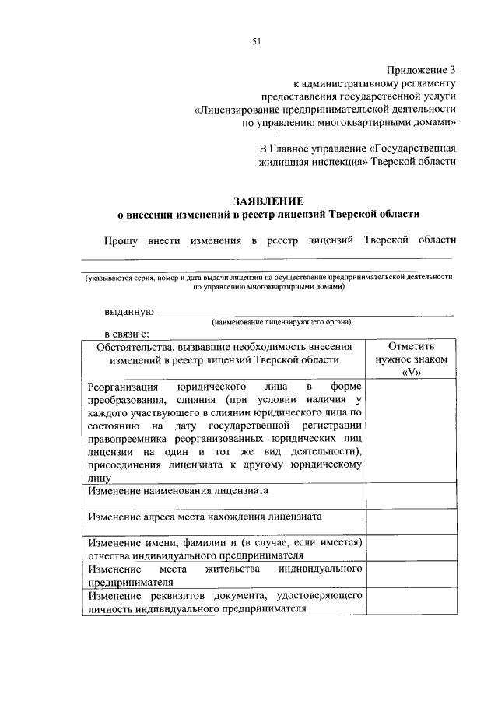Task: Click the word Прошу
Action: click(122, 241)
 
